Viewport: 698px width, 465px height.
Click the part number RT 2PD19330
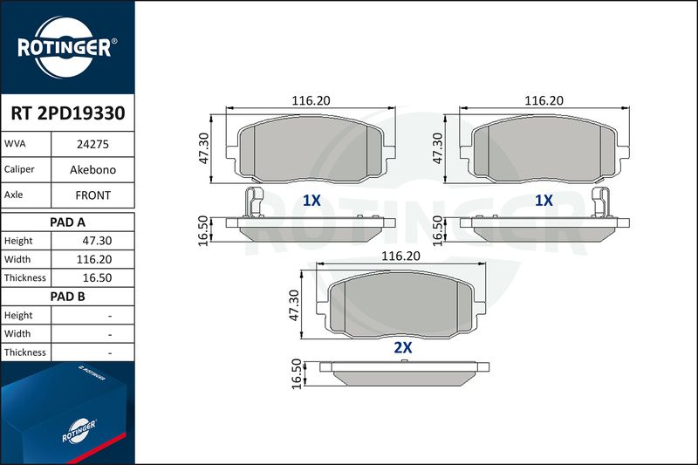(68, 113)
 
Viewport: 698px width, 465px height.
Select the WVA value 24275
(92, 144)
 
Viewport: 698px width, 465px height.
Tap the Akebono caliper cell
(92, 169)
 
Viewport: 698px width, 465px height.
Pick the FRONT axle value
(92, 195)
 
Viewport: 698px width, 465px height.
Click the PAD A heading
(67, 222)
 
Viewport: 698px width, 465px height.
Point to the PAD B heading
(67, 297)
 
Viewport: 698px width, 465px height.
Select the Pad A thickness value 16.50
(97, 277)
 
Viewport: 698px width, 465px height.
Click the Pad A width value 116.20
(94, 259)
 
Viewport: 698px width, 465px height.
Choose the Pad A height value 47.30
(97, 241)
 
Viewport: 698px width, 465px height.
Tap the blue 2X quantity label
(403, 347)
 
